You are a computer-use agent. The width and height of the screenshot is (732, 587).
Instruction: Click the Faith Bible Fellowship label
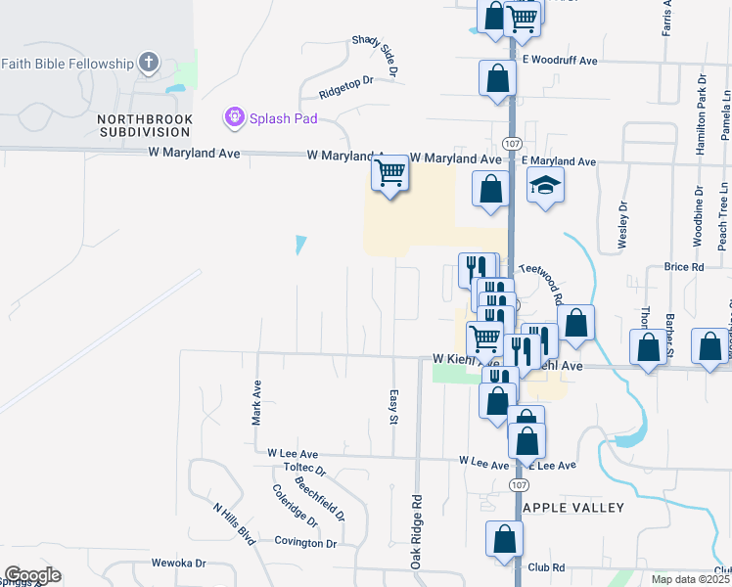[67, 64]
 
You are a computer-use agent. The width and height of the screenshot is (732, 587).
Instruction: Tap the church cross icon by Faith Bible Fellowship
[149, 64]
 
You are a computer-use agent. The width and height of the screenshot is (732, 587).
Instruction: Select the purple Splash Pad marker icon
[234, 118]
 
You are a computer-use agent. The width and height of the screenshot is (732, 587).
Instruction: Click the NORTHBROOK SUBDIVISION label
[145, 125]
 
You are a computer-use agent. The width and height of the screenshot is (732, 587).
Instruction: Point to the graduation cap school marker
[545, 185]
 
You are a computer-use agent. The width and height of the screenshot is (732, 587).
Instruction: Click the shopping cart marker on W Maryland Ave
[389, 174]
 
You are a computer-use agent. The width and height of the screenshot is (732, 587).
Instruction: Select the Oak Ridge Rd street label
[416, 531]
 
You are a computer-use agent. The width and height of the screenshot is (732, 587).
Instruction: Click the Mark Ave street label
[256, 402]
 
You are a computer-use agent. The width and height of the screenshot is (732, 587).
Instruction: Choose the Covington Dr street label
[305, 542]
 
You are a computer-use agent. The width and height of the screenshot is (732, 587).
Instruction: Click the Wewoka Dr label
[179, 564]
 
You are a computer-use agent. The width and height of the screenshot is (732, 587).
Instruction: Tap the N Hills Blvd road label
[234, 524]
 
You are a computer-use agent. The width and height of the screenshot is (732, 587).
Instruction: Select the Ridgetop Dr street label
[346, 88]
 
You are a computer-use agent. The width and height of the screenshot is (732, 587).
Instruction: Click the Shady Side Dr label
[376, 58]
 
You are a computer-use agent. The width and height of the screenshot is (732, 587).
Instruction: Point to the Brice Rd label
[684, 266]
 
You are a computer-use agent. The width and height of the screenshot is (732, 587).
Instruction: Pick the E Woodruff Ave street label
[559, 60]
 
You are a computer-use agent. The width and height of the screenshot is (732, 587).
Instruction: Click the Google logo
[32, 575]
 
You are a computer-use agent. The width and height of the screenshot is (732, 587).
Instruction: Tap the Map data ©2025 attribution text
[689, 578]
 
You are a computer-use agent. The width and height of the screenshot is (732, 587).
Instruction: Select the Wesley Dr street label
[622, 226]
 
